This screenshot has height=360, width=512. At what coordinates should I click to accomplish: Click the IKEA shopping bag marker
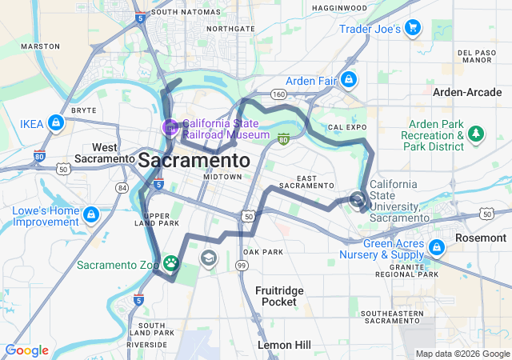tap(55, 123)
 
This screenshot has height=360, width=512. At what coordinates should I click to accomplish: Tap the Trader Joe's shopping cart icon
tap(413, 29)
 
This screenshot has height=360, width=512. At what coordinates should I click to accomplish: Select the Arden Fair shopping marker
tap(349, 79)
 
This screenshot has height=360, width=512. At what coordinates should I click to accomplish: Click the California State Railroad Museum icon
tap(170, 126)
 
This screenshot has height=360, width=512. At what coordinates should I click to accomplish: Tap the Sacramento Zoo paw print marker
tap(171, 262)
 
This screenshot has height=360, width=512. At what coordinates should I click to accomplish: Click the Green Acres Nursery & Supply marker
tap(437, 246)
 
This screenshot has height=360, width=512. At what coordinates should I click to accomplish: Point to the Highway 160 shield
tap(278, 94)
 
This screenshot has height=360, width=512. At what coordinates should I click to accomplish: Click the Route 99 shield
tap(240, 265)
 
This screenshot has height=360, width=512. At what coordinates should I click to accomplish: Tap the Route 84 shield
tap(122, 187)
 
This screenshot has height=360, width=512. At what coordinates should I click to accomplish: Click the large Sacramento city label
tap(194, 160)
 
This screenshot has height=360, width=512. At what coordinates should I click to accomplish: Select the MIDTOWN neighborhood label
tap(222, 176)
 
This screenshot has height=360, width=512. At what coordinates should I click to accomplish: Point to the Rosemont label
tap(481, 238)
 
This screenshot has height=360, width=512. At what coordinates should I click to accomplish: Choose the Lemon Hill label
tap(284, 344)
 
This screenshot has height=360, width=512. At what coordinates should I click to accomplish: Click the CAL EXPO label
tap(346, 127)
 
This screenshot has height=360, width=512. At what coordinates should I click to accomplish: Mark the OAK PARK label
tap(263, 252)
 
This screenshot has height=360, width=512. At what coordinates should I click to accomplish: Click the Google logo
tap(26, 350)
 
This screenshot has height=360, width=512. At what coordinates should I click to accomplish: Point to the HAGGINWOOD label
tap(338, 8)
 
